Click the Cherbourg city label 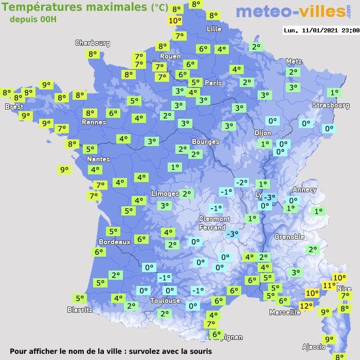tap(93, 43)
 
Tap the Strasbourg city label tap(331, 105)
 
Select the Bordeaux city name tap(114, 242)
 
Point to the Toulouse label tap(165, 300)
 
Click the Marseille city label tap(285, 312)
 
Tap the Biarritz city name tap(80, 310)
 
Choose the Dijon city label tap(262, 132)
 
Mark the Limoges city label tap(165, 193)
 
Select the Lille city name tap(213, 29)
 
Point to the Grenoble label tap(290, 237)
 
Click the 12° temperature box tap(306, 305)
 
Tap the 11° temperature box tap(329, 285)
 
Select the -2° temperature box tap(241, 182)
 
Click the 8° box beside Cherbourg tap(93, 54)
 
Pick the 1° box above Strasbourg tap(334, 93)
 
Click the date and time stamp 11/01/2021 tap(321, 30)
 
